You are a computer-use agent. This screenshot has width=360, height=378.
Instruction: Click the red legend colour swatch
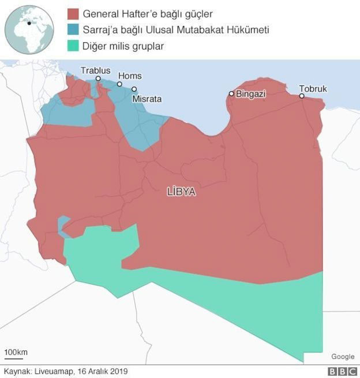click(x=73, y=13)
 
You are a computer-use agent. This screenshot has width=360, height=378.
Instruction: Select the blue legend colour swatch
click(x=73, y=29)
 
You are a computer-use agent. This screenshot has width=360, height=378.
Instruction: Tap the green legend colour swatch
click(x=73, y=46)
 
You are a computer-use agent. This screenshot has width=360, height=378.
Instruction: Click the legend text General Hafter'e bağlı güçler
click(x=148, y=13)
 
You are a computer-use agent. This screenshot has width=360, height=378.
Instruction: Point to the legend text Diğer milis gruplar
click(x=123, y=46)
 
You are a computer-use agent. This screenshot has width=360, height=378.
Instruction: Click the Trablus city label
click(x=95, y=70)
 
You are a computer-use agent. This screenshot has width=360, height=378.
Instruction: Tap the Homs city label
click(x=130, y=76)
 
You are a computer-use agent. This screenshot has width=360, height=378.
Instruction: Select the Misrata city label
click(x=147, y=99)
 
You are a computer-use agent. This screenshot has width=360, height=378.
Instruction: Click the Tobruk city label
click(x=313, y=88)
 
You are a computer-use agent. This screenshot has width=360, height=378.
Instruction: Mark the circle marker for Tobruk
click(x=302, y=96)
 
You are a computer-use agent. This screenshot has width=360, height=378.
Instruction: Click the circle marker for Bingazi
click(x=231, y=93)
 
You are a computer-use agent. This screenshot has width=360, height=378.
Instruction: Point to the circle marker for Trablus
click(x=98, y=78)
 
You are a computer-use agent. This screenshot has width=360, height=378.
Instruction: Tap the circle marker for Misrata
click(x=134, y=89)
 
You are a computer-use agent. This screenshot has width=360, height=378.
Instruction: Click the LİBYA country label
click(x=181, y=192)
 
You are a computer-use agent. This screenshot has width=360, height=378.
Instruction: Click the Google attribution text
click(x=343, y=357)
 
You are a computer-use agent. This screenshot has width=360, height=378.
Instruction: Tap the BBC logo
click(x=342, y=372)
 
